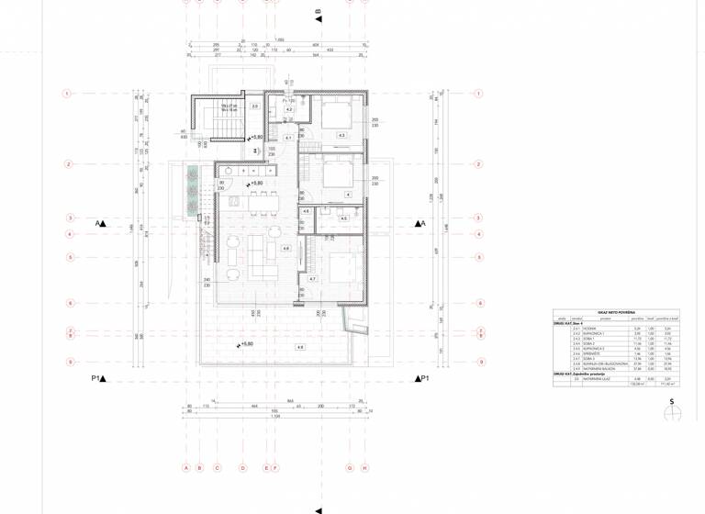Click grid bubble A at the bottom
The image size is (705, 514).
185,467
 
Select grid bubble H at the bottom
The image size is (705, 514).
364,467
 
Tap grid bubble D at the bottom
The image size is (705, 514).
242,467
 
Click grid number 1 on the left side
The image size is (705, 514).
67,94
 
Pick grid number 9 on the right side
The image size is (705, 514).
478,362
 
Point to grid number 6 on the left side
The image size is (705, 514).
67,303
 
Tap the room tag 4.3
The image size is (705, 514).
341,135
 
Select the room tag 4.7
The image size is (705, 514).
312,278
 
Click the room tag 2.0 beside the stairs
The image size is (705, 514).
254,106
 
